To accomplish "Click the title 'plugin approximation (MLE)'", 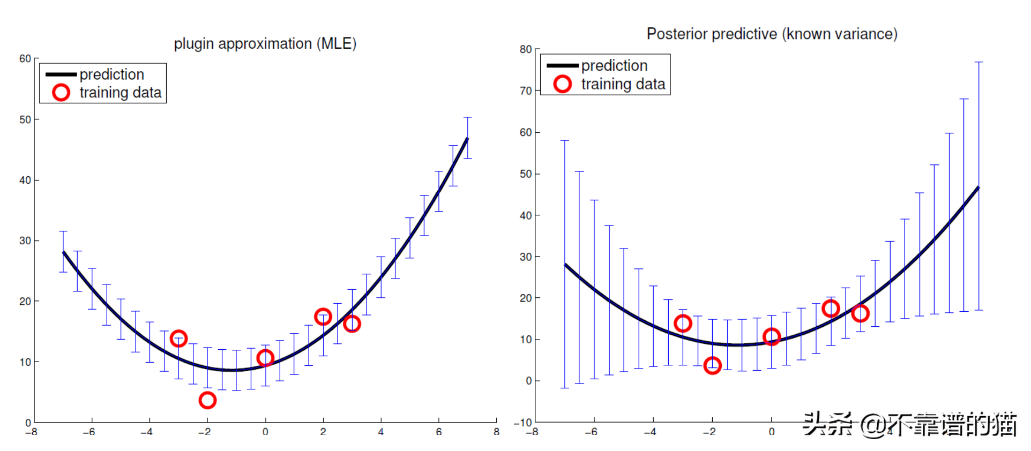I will pyautogui.click(x=265, y=43).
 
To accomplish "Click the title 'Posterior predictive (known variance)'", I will pyautogui.click(x=772, y=34).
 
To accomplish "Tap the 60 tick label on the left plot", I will pyautogui.click(x=25, y=58).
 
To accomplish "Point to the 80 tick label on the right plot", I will pyautogui.click(x=525, y=49).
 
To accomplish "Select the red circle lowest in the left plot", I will pyautogui.click(x=207, y=400).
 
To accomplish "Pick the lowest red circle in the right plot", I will pyautogui.click(x=712, y=366).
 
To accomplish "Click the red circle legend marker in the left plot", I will pyautogui.click(x=61, y=93).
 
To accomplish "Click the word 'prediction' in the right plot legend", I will pyautogui.click(x=614, y=65).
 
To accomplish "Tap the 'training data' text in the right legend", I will pyautogui.click(x=623, y=84).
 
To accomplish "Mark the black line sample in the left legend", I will pyautogui.click(x=61, y=74).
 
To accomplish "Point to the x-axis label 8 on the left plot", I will pyautogui.click(x=496, y=432).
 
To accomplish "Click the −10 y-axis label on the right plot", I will pyautogui.click(x=522, y=423).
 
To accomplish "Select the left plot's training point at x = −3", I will pyautogui.click(x=178, y=339).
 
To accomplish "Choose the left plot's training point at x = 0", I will pyautogui.click(x=265, y=358).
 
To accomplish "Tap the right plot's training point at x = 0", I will pyautogui.click(x=771, y=337).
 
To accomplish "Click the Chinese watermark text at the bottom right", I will pyautogui.click(x=909, y=425).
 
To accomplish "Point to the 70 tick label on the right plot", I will pyautogui.click(x=525, y=91).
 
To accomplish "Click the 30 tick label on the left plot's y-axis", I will pyautogui.click(x=25, y=240).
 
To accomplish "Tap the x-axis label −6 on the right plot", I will pyautogui.click(x=591, y=432).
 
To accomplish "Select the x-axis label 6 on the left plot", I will pyautogui.click(x=439, y=432).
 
